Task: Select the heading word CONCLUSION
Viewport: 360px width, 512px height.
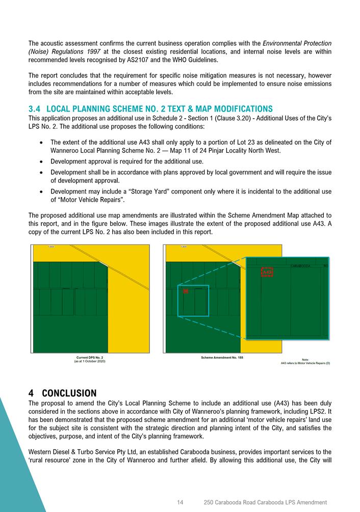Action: [69, 393]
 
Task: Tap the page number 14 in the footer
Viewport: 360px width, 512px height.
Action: [180, 502]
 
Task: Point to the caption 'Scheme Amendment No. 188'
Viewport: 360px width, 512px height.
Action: [222, 358]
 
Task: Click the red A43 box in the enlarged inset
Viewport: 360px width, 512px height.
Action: [267, 273]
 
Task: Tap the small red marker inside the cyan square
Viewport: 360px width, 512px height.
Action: [186, 291]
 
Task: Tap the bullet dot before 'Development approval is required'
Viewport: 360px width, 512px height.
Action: [40, 161]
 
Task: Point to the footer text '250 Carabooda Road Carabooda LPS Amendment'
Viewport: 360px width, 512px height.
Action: [265, 502]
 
